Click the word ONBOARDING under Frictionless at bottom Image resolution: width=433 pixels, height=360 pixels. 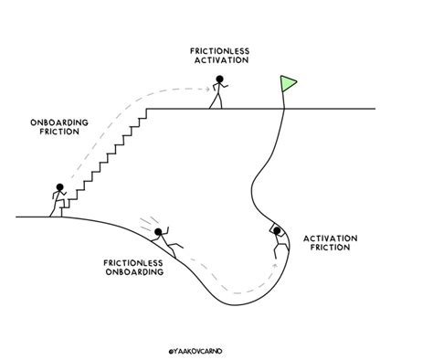pos(133,271)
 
